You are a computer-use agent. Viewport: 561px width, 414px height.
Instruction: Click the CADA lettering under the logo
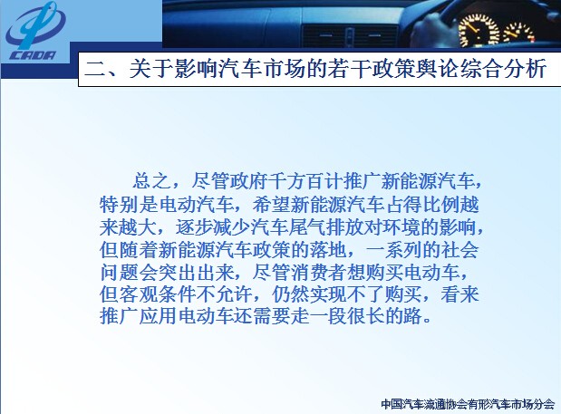33,55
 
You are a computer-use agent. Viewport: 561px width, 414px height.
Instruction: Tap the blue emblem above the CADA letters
35,25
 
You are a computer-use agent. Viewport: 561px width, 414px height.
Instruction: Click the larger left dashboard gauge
479,31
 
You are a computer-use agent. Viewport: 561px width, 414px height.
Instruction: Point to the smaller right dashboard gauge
518,34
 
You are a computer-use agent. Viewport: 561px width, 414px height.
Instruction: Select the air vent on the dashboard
350,35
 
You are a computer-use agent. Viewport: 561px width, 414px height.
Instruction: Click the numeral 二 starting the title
94,69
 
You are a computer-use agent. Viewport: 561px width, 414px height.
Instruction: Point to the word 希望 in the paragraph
271,204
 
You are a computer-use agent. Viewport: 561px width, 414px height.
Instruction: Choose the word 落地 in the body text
328,249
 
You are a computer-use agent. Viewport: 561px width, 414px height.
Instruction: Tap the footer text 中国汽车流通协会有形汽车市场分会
468,404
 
